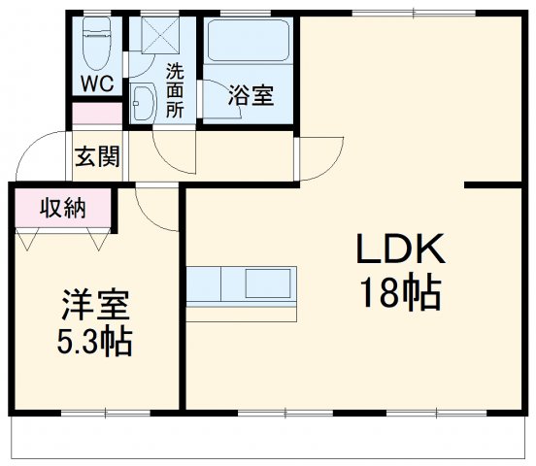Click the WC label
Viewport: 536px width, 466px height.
coord(98,83)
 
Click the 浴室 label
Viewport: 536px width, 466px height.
coord(250,95)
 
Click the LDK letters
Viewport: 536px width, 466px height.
coord(399,251)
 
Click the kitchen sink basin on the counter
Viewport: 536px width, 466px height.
coord(268,284)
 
